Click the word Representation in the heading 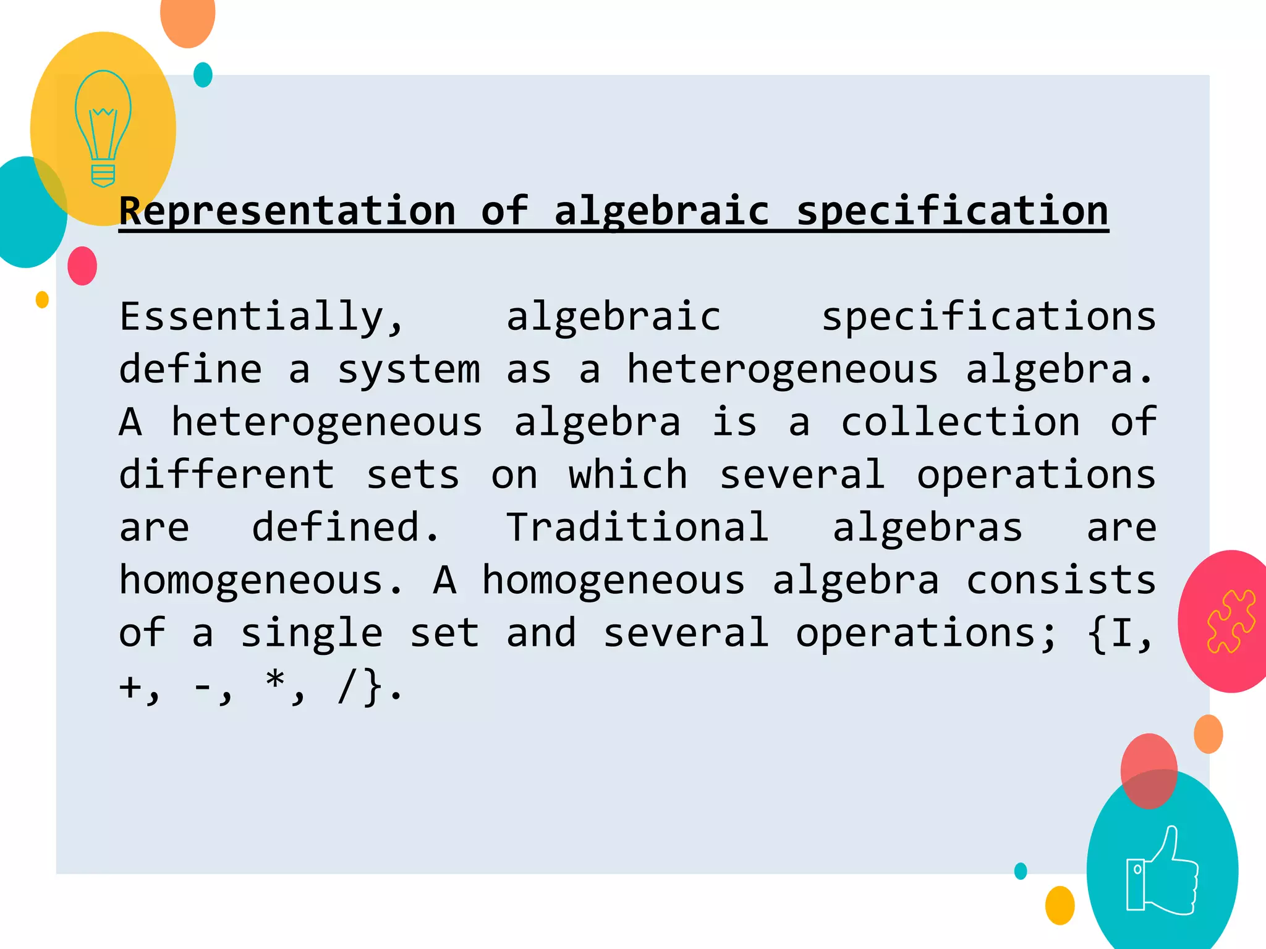pyautogui.click(x=287, y=211)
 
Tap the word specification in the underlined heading pyautogui.click(x=952, y=211)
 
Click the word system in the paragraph pyautogui.click(x=408, y=370)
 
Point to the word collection pyautogui.click(x=960, y=423)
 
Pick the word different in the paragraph pyautogui.click(x=227, y=475)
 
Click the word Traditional pyautogui.click(x=637, y=528)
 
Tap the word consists pyautogui.click(x=1060, y=581)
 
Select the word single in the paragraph pyautogui.click(x=312, y=633)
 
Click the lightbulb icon pyautogui.click(x=103, y=128)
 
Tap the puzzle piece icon pyautogui.click(x=1231, y=621)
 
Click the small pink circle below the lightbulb pyautogui.click(x=82, y=266)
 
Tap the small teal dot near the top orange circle pyautogui.click(x=203, y=75)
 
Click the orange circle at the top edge pyautogui.click(x=187, y=19)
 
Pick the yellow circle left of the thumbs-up pyautogui.click(x=1060, y=905)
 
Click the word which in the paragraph pyautogui.click(x=627, y=475)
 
